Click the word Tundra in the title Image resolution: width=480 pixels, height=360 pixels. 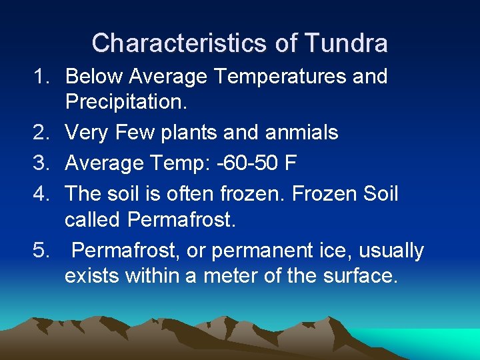345,43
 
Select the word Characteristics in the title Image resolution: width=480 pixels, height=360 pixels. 176,43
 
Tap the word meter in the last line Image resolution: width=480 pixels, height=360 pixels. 231,276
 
